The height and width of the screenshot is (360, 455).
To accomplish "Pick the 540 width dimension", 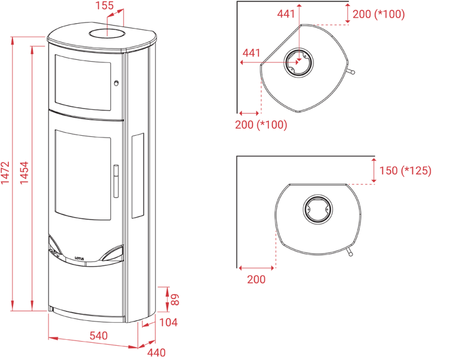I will pyautogui.click(x=98, y=336).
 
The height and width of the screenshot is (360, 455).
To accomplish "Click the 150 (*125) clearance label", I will pyautogui.click(x=406, y=171).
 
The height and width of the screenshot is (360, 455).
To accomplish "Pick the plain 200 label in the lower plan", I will pyautogui.click(x=257, y=279).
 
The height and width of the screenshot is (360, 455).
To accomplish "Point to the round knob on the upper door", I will pyautogui.click(x=117, y=82).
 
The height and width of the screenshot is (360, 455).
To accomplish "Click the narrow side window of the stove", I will pyautogui.click(x=137, y=175).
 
